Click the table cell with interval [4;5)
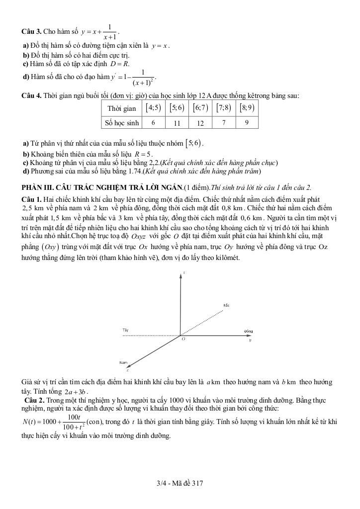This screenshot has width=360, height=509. [x=153, y=108]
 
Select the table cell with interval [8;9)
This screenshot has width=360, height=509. [x=247, y=108]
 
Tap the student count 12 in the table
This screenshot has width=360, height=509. [x=200, y=123]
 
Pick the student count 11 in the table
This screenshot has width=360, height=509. [x=177, y=123]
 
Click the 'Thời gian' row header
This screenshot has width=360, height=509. [x=122, y=108]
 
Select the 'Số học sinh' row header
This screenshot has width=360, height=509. [x=122, y=122]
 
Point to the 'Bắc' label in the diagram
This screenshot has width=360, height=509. [x=226, y=305]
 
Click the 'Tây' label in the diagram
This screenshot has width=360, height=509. [x=125, y=330]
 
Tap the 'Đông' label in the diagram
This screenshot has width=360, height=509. [x=249, y=331]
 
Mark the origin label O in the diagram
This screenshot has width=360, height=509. [x=183, y=339]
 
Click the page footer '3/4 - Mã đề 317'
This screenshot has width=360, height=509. [x=180, y=483]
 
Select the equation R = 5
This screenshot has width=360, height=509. [x=142, y=154]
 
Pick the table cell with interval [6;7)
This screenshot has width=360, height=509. [x=200, y=108]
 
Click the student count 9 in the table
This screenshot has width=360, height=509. [x=247, y=122]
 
